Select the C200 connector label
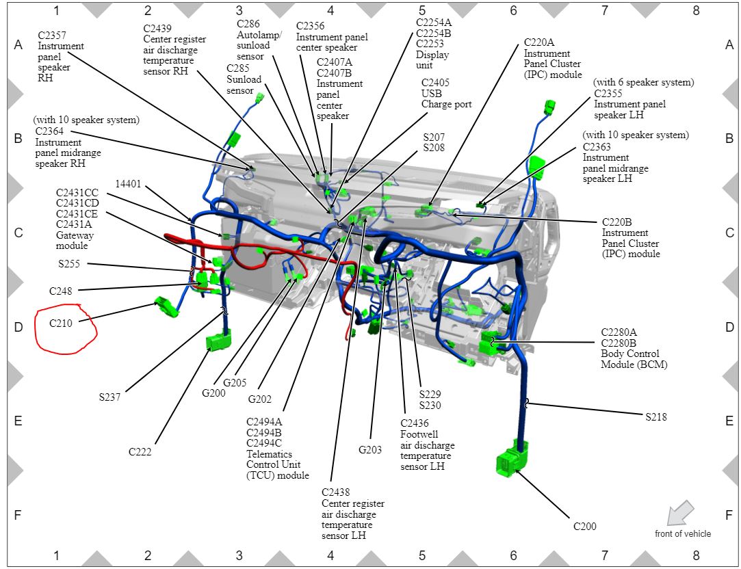[584, 527]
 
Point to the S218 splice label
[655, 416]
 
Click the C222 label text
[140, 452]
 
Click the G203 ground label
[370, 450]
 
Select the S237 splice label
[109, 397]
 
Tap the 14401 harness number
[129, 184]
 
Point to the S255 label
[68, 263]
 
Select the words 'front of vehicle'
[682, 534]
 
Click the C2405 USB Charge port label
[446, 93]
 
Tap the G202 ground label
[260, 399]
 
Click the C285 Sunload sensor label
[244, 79]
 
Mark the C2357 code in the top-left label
[52, 35]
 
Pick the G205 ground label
[234, 383]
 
